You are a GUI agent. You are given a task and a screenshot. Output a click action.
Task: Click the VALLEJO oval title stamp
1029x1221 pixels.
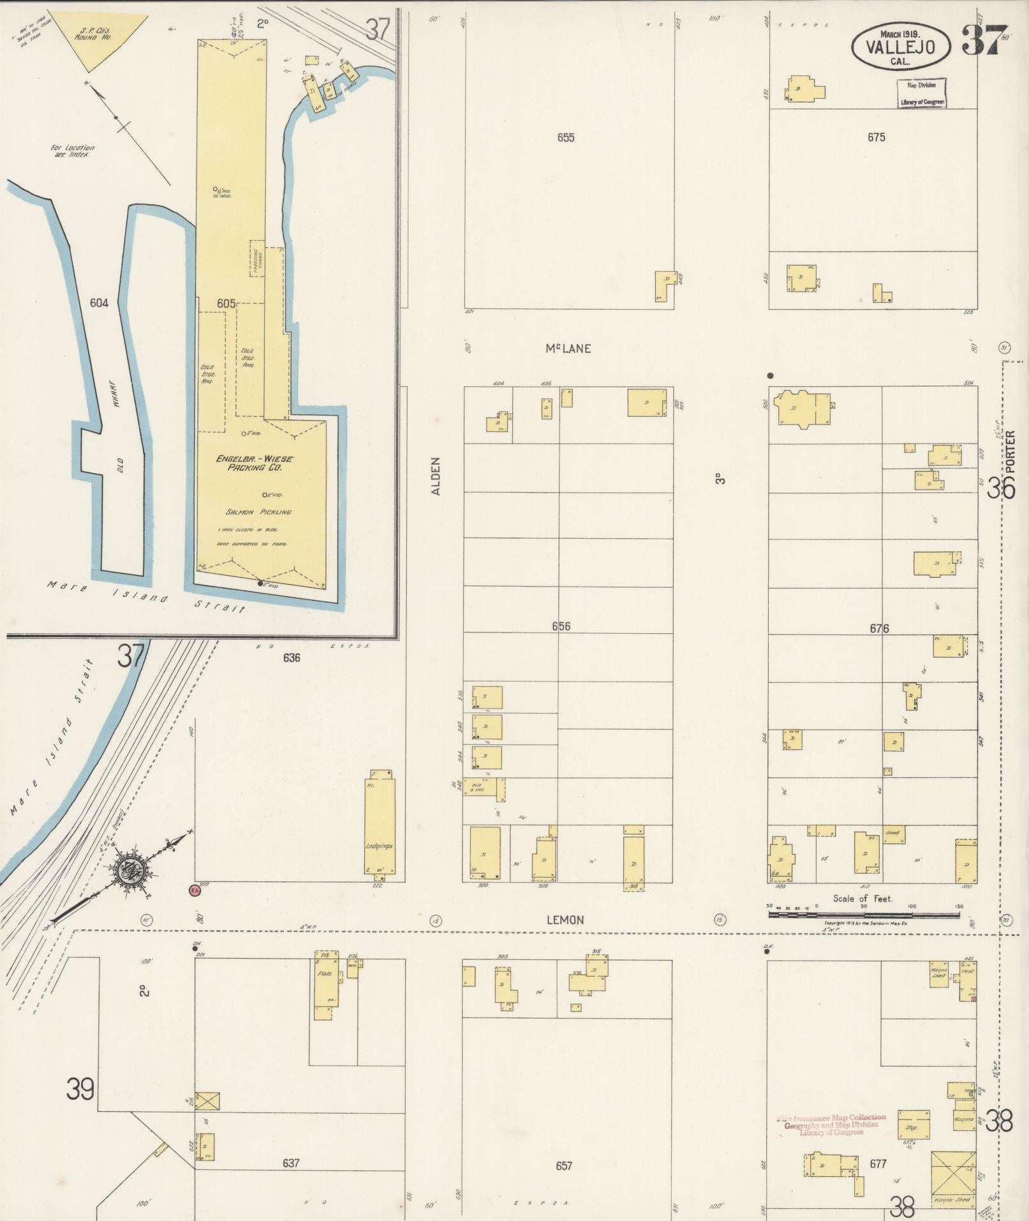click(x=900, y=46)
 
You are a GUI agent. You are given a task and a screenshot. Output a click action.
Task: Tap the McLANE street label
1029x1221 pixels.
click(x=567, y=348)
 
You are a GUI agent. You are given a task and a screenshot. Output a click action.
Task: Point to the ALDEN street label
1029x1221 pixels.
click(x=436, y=476)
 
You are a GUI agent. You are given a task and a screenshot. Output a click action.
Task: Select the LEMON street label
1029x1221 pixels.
click(x=565, y=920)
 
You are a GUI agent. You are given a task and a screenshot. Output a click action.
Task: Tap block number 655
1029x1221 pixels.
click(x=566, y=137)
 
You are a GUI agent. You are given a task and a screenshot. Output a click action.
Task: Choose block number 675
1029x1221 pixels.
click(x=876, y=137)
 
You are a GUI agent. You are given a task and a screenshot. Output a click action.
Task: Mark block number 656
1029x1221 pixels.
click(x=561, y=626)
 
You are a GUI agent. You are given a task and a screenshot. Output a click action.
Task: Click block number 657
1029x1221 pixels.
click(x=564, y=1165)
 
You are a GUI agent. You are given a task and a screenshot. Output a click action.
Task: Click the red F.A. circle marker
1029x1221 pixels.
click(x=194, y=889)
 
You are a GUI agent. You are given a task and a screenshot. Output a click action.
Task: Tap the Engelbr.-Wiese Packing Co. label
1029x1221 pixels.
click(x=254, y=463)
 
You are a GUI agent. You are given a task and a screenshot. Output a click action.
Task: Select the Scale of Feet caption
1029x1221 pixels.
click(x=862, y=898)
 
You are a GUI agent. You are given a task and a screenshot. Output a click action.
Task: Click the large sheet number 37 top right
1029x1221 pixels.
click(x=984, y=40)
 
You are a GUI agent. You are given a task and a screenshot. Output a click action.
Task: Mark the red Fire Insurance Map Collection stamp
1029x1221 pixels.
click(x=831, y=1125)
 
